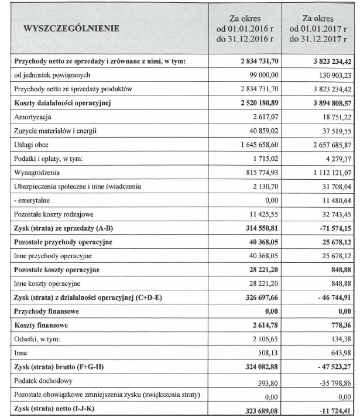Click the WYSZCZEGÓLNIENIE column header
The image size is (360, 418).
[72, 28]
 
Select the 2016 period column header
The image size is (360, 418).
[245, 29]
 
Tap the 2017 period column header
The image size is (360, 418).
[318, 29]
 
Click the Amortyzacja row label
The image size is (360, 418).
[36, 117]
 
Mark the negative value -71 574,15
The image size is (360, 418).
[331, 227]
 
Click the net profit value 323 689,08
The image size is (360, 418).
[257, 410]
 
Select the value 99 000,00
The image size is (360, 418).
[261, 75]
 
